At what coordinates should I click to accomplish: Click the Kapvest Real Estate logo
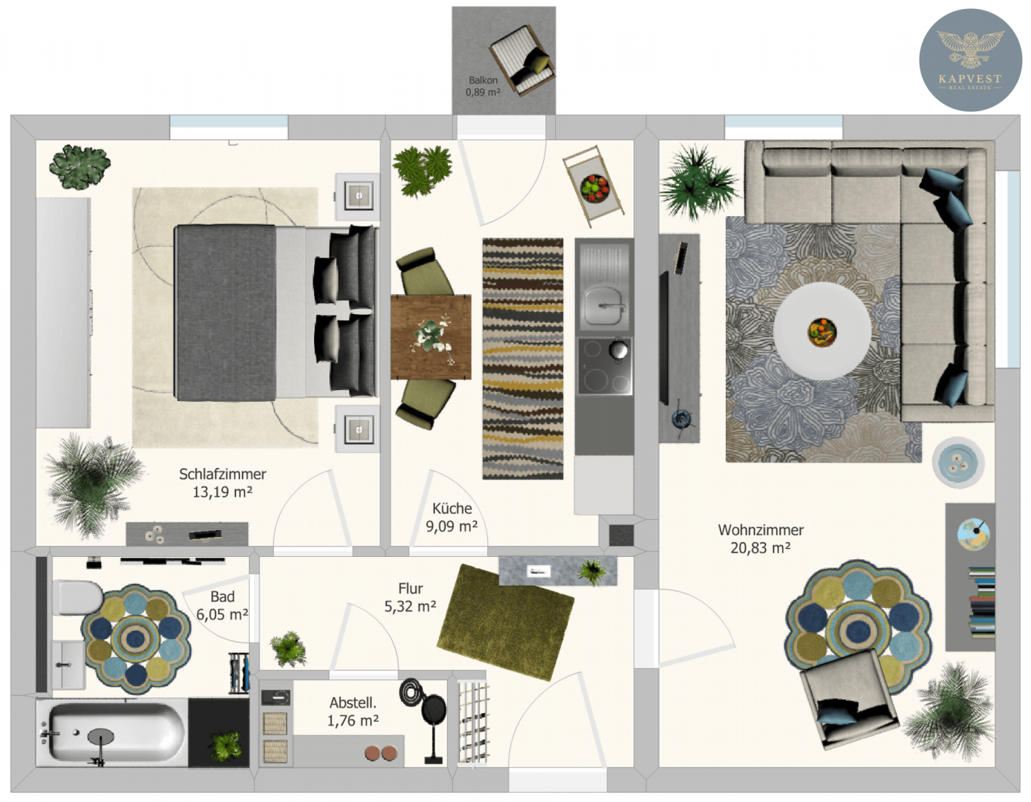pos(970,59)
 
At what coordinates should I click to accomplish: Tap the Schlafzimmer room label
pos(222,474)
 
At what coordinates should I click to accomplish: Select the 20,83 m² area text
pos(760,548)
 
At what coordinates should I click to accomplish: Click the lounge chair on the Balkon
pos(522,59)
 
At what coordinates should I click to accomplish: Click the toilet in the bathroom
pos(77,598)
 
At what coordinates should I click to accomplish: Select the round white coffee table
pos(822,330)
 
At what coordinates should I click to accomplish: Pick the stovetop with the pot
pos(605,366)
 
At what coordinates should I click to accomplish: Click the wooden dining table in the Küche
pos(431,337)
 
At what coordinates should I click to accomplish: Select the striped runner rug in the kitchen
pos(523,359)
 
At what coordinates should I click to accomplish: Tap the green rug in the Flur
pos(505,622)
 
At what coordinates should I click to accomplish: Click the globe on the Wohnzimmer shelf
pos(972,534)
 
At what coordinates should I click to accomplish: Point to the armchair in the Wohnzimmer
pos(849,699)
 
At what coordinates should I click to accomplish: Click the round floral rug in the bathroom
pos(136,639)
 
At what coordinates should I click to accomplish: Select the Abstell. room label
pos(353,702)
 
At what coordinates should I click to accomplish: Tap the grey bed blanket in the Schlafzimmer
pos(226,313)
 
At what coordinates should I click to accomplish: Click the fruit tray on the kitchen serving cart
pos(594,189)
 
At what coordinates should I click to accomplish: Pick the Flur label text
pos(411,589)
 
